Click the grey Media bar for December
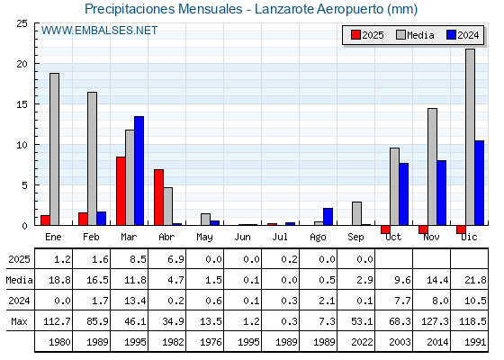(x=470, y=137)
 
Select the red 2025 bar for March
(x=121, y=191)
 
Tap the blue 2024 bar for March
(x=139, y=171)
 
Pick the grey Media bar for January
(x=54, y=149)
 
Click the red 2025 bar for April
(x=158, y=197)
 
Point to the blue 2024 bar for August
(x=328, y=217)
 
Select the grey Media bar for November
(x=432, y=166)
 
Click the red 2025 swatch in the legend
(x=355, y=35)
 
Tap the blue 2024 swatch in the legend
(x=451, y=35)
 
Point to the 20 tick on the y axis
(x=22, y=64)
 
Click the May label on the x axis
(x=205, y=238)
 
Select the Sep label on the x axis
(x=355, y=238)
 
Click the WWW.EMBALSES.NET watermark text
(x=99, y=31)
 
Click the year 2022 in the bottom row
(x=362, y=342)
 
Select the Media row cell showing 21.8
(x=475, y=280)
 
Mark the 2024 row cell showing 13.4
(x=135, y=301)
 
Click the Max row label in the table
(x=19, y=321)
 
